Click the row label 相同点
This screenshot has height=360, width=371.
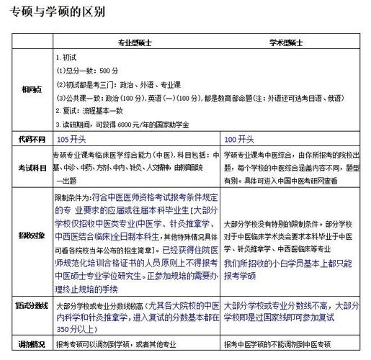tap(29, 89)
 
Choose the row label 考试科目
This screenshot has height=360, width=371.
tap(29, 166)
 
